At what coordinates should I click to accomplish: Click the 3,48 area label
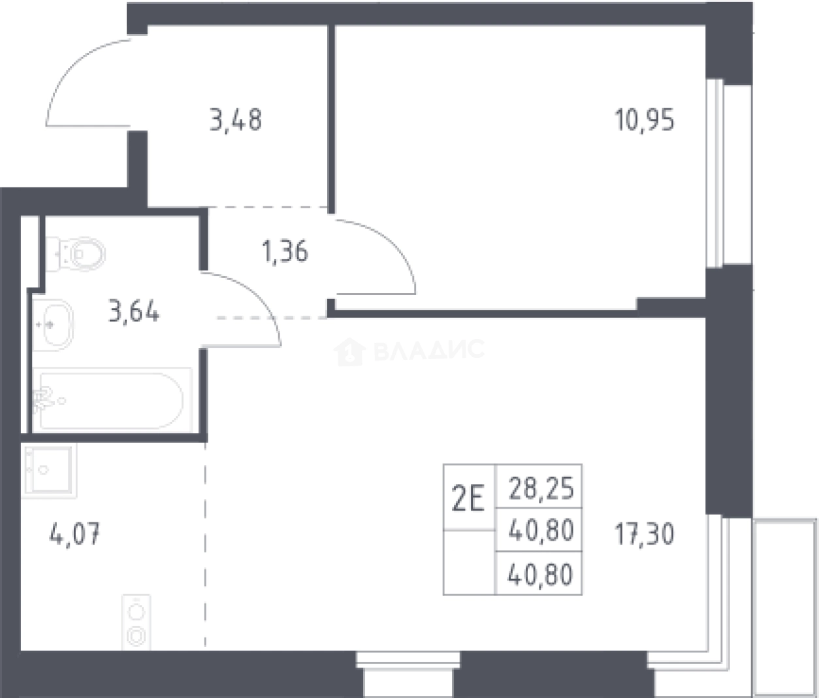(x=236, y=120)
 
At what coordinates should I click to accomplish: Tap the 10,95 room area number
(x=645, y=120)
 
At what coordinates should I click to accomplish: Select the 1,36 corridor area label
(x=285, y=252)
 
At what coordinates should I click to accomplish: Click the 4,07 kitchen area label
(x=74, y=534)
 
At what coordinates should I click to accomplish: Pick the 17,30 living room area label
(x=645, y=534)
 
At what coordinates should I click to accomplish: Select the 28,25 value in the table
(x=541, y=488)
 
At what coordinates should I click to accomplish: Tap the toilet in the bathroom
(x=75, y=254)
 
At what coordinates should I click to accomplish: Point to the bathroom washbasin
(x=53, y=325)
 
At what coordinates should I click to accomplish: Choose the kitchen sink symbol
(x=49, y=470)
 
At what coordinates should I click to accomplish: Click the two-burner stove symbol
(x=136, y=622)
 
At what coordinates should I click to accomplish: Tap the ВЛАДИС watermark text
(x=430, y=350)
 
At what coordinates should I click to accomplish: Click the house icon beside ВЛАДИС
(x=349, y=351)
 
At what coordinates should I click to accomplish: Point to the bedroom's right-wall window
(x=715, y=174)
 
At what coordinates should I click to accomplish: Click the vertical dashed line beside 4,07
(x=205, y=546)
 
